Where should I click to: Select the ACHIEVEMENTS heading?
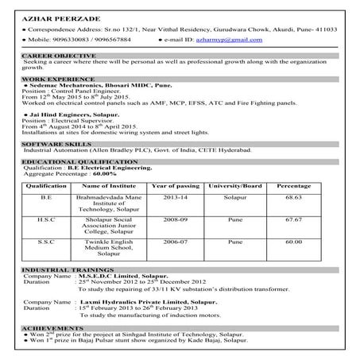50,327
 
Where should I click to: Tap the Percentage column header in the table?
293,185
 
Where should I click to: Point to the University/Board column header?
234,185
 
